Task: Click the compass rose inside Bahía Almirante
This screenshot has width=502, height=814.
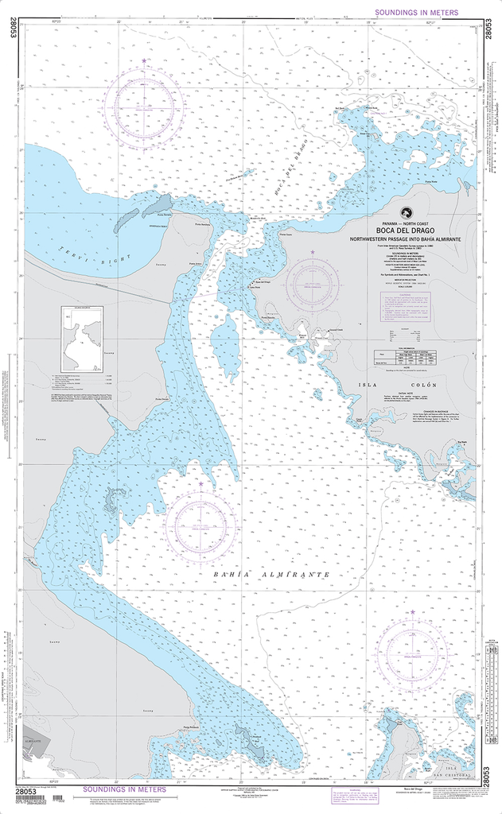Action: pos(200,522)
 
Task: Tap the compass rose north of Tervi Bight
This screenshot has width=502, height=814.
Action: pos(143,105)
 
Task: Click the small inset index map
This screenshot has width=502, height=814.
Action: pos(82,339)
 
